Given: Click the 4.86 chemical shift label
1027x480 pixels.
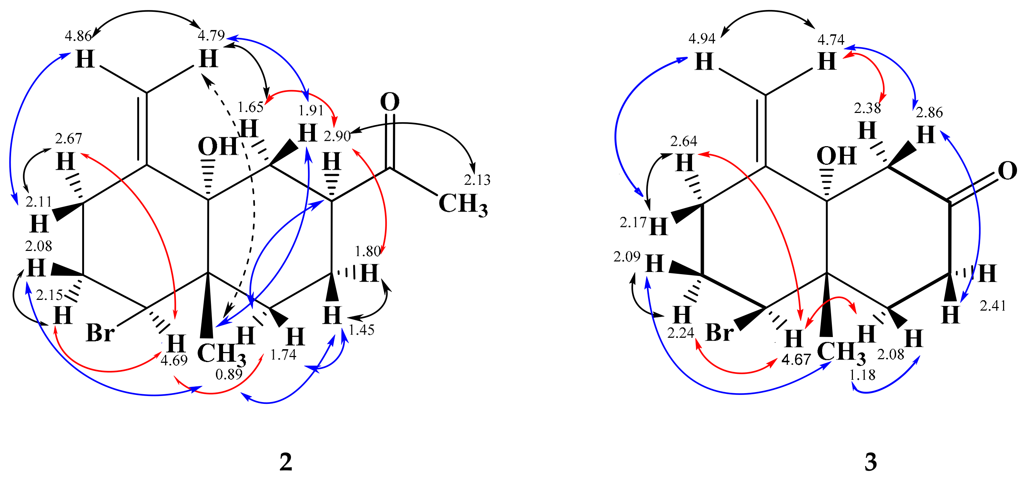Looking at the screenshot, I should [78, 36].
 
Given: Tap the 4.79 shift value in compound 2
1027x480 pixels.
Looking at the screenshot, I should [211, 35].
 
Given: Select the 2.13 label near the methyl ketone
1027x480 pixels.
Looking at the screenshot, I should [477, 180].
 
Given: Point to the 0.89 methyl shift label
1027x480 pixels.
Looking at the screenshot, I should [229, 374].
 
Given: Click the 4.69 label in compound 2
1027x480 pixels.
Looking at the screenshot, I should [174, 360].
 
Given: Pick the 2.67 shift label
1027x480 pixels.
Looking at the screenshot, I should [69, 139].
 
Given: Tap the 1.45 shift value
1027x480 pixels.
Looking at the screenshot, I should [362, 330].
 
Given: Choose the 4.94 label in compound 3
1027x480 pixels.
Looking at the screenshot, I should [702, 39].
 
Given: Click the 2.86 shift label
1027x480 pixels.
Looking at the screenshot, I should [929, 113].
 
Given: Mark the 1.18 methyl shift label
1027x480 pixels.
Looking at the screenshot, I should [862, 375].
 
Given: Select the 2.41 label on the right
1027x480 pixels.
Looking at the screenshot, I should [993, 306].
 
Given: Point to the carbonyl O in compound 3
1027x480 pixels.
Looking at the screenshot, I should [1007, 171].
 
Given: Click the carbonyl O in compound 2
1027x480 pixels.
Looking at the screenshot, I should [390, 102].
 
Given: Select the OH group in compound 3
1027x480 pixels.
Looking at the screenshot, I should [836, 156].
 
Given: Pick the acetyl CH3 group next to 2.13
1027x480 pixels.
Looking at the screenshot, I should [463, 204].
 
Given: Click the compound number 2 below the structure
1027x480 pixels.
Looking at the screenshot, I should [286, 462].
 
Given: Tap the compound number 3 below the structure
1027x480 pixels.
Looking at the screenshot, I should [870, 462].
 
